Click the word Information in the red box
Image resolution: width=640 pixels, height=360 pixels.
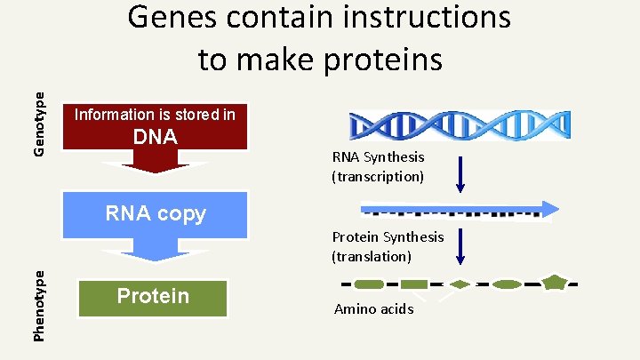tap(113, 115)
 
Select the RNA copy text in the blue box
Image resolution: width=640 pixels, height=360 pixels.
tap(155, 213)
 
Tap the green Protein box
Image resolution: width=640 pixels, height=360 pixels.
tap(154, 296)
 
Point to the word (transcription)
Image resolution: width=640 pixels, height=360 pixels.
tap(378, 176)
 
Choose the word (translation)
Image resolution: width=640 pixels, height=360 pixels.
tap(372, 256)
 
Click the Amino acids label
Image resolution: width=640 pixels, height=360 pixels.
tap(373, 309)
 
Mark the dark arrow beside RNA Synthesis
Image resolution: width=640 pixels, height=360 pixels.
tap(460, 174)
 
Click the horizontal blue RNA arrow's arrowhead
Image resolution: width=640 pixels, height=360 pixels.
tap(549, 210)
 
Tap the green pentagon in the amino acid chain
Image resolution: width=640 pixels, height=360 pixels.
tap(555, 284)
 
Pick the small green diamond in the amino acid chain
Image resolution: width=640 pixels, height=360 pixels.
tap(459, 284)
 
